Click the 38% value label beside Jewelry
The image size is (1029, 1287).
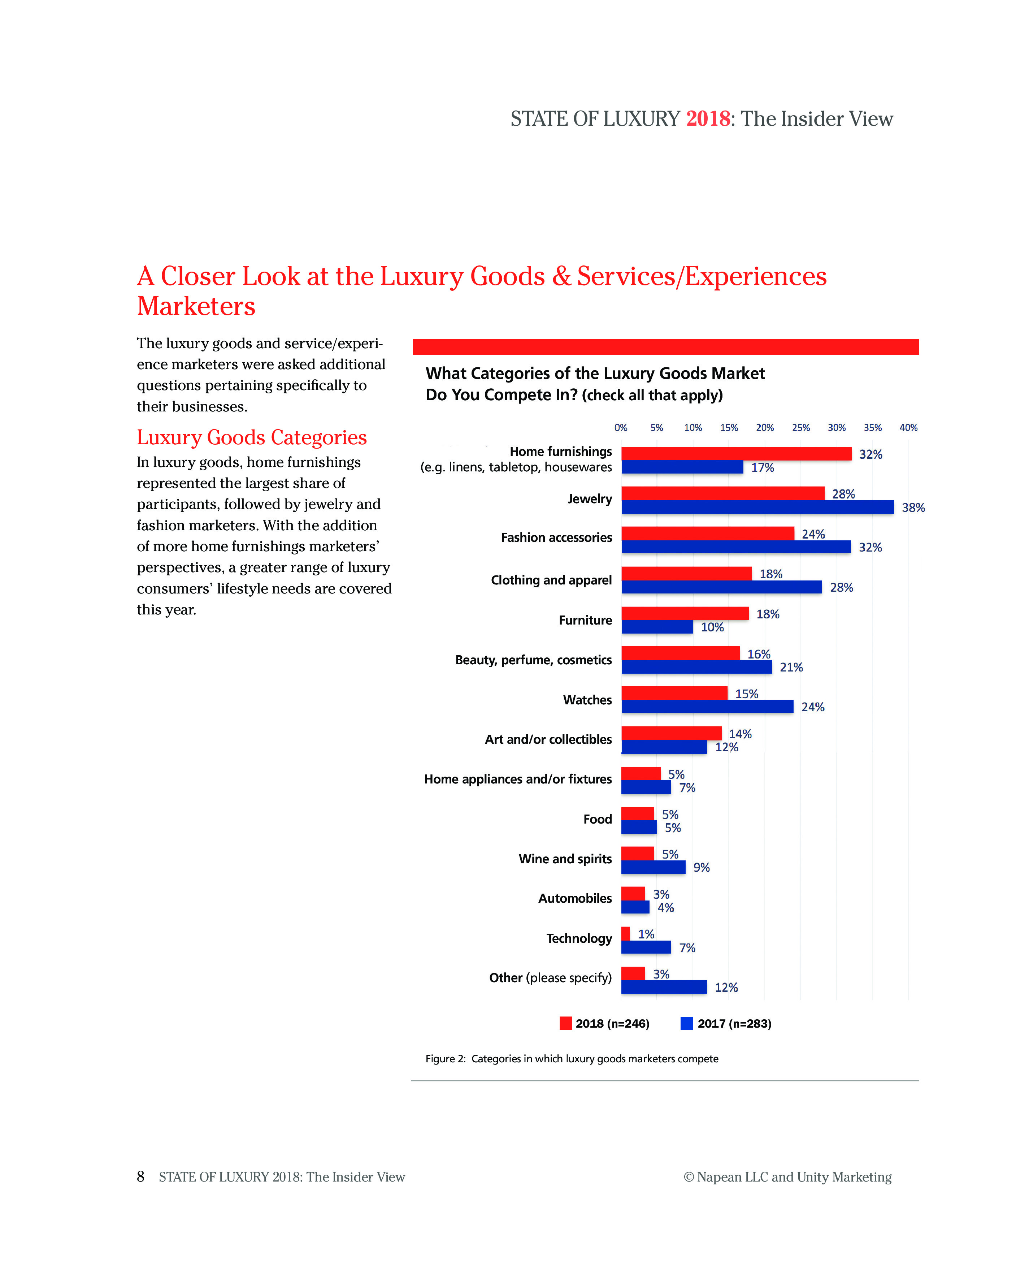pos(913,508)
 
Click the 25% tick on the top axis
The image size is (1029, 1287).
pos(800,427)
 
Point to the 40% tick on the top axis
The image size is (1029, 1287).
pos(908,427)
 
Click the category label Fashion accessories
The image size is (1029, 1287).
pos(556,537)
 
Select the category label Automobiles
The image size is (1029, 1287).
pos(574,898)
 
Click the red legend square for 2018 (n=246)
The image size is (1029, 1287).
pos(565,1023)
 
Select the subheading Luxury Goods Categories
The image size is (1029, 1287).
pos(251,437)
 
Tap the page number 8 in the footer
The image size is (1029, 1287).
pos(141,1176)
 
